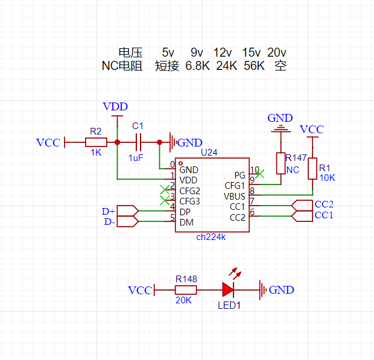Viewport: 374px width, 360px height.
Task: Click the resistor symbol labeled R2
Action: (x=96, y=142)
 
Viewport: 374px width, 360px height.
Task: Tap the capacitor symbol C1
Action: (x=138, y=142)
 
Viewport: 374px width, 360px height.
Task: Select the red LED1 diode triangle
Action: (x=228, y=290)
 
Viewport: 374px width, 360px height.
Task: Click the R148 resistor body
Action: (x=186, y=290)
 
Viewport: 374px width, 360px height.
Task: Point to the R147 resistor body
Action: (x=280, y=163)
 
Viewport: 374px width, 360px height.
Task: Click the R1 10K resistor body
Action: (x=312, y=169)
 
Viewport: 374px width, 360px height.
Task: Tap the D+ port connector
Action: (x=128, y=211)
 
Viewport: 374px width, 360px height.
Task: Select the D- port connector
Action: (x=128, y=221)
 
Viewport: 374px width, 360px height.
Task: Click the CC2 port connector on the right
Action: (x=302, y=205)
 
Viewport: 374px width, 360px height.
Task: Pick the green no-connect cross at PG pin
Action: (x=260, y=174)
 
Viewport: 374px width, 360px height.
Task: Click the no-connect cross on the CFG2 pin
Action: (x=165, y=190)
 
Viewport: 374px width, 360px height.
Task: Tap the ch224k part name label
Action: (x=211, y=237)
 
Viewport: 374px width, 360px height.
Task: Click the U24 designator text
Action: (x=209, y=153)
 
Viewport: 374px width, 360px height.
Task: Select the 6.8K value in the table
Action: (x=197, y=66)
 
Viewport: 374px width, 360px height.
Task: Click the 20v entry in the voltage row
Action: (x=277, y=52)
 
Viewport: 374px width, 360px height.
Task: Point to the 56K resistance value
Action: (x=254, y=66)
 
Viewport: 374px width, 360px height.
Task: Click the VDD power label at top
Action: (x=115, y=106)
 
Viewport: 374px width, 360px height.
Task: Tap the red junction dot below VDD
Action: (x=117, y=142)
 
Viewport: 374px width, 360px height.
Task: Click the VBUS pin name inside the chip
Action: (x=235, y=197)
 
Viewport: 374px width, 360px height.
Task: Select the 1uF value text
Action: (x=136, y=158)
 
